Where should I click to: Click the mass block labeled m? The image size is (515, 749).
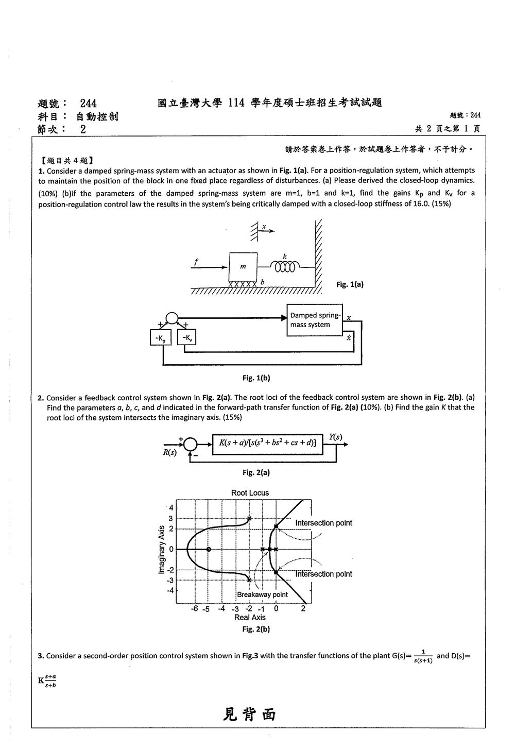coord(243,267)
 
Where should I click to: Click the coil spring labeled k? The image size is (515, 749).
coord(285,267)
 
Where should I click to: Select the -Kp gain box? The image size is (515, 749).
coord(161,337)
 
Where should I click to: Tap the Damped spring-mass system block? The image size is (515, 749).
coord(315,320)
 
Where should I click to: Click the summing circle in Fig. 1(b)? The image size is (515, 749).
coord(172,318)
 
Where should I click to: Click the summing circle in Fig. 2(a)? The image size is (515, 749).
coord(191,445)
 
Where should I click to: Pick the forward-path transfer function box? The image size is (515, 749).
coord(268,444)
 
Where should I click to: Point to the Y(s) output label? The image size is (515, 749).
coord(335,437)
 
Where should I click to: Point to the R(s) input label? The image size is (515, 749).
coord(170,453)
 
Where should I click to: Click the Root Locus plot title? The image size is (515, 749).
coord(250,492)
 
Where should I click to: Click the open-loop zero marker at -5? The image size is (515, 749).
coord(208,549)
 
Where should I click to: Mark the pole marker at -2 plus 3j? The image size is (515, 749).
coord(249,519)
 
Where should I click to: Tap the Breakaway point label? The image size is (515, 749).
coord(262,594)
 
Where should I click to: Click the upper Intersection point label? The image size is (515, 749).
coord(323,523)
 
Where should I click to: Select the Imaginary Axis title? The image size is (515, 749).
coord(161,550)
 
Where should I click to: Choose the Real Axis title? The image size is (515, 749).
coord(250,617)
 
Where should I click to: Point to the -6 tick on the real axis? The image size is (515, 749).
coord(195,608)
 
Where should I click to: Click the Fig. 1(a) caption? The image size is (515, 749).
coord(350,284)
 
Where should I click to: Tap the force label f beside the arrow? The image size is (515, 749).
coord(196,262)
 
